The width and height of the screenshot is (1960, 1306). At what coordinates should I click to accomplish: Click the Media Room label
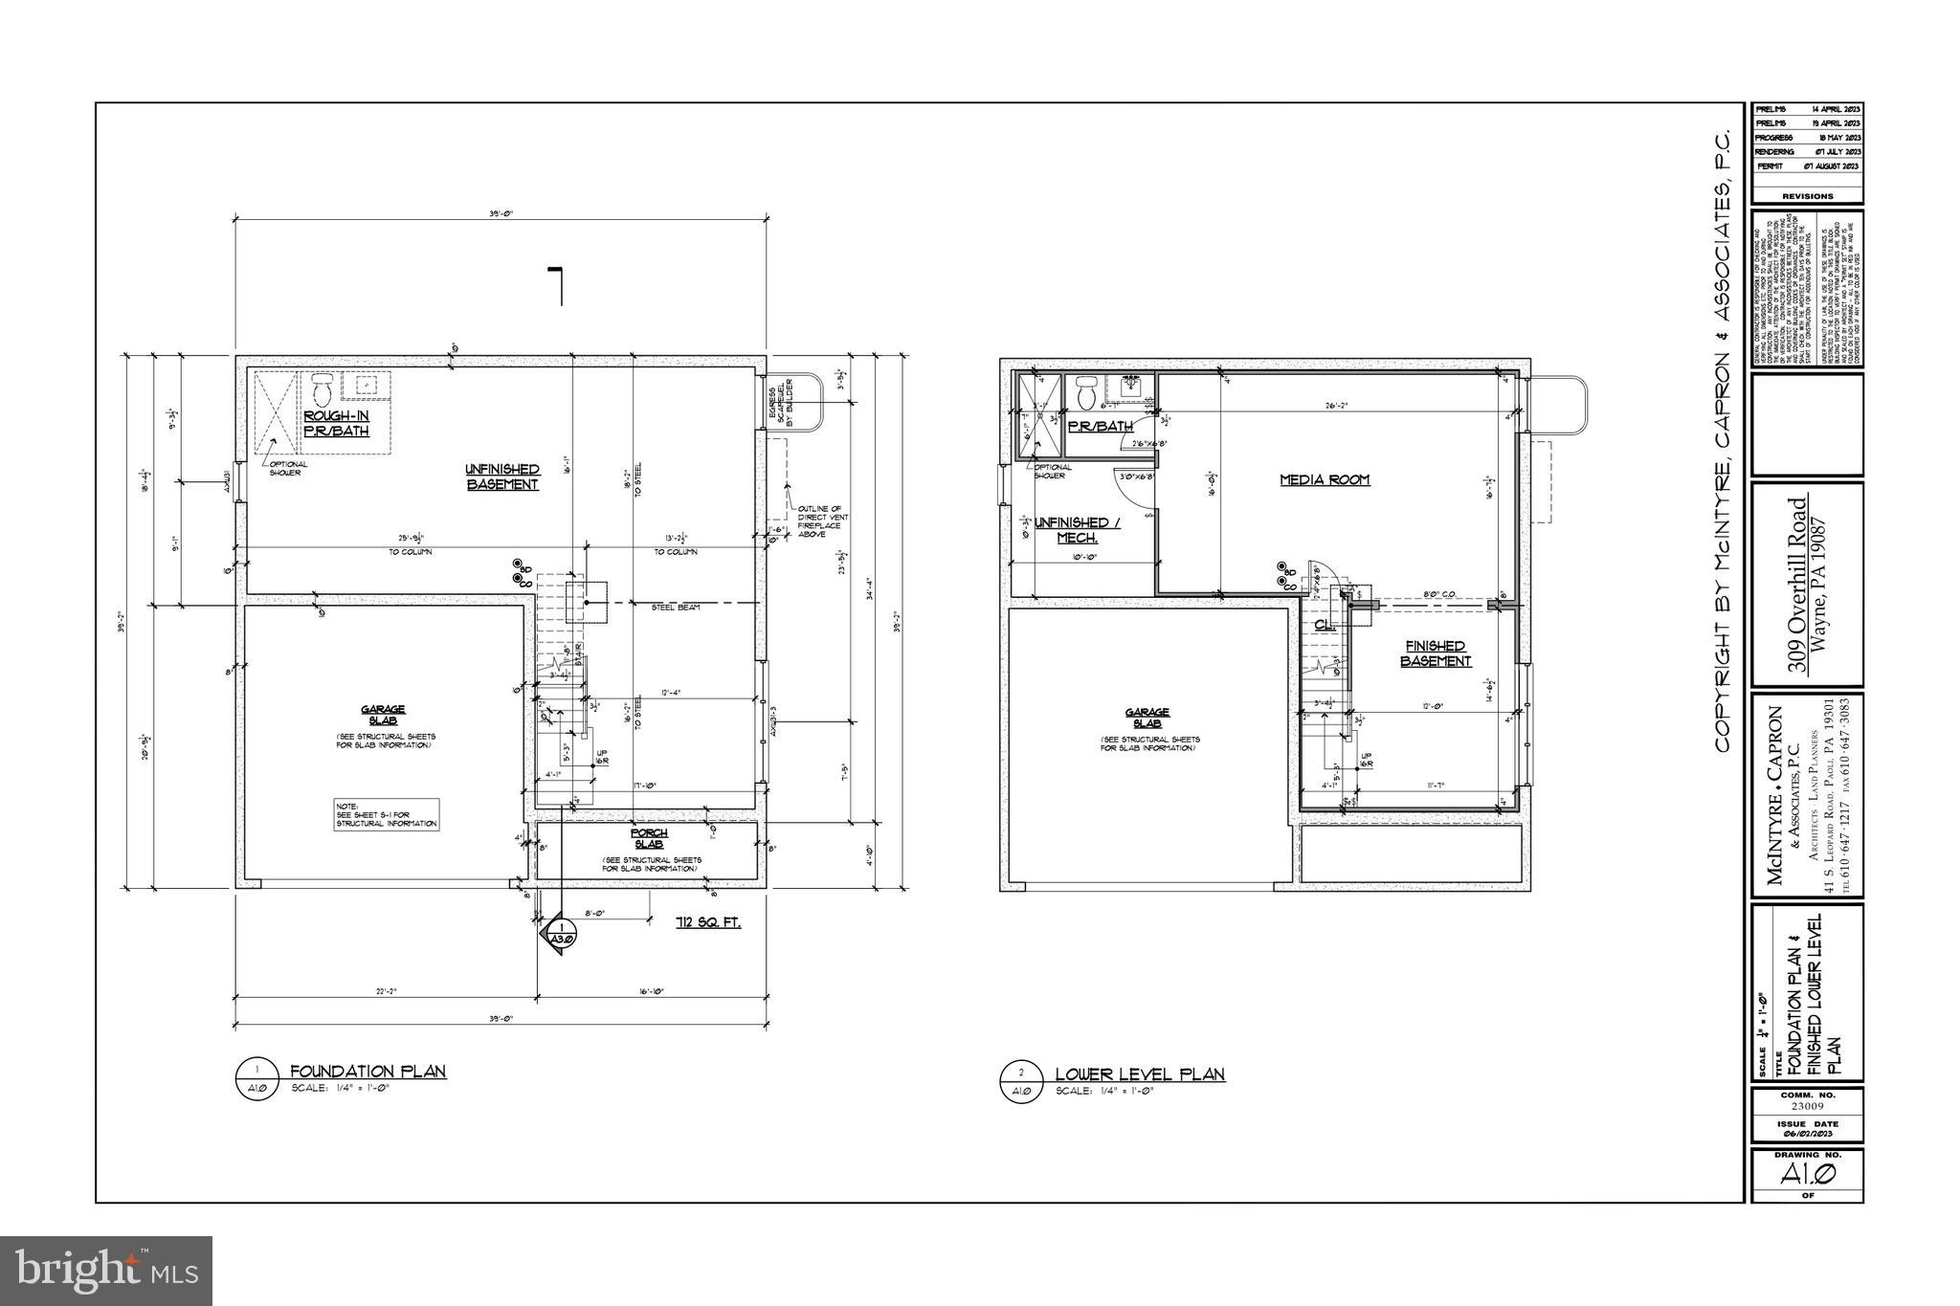1325,479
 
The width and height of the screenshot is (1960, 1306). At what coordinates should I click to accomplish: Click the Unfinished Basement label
502,476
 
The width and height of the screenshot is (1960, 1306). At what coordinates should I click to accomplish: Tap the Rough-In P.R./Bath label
336,423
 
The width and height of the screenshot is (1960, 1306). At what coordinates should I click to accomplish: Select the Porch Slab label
649,838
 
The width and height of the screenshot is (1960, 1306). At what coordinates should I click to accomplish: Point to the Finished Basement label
1436,653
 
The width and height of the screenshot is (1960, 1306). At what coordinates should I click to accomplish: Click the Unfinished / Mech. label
1077,530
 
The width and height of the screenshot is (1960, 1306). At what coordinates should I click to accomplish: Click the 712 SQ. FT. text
707,923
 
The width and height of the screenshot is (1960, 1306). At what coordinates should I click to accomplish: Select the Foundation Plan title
367,1072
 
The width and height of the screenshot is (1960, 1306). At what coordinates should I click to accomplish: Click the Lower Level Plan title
1139,1074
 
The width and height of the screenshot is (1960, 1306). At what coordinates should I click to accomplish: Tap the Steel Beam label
675,608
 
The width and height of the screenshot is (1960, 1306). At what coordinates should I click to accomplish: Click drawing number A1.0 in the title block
1807,1174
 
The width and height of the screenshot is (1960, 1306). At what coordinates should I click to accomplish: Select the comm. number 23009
1807,1105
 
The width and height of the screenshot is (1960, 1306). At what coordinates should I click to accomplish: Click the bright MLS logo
106,1271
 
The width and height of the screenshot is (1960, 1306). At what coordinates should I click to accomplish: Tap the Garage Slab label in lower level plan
1147,718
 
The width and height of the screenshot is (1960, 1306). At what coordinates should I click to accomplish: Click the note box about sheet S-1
387,815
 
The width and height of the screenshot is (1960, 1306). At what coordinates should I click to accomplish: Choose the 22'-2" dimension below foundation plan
387,991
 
